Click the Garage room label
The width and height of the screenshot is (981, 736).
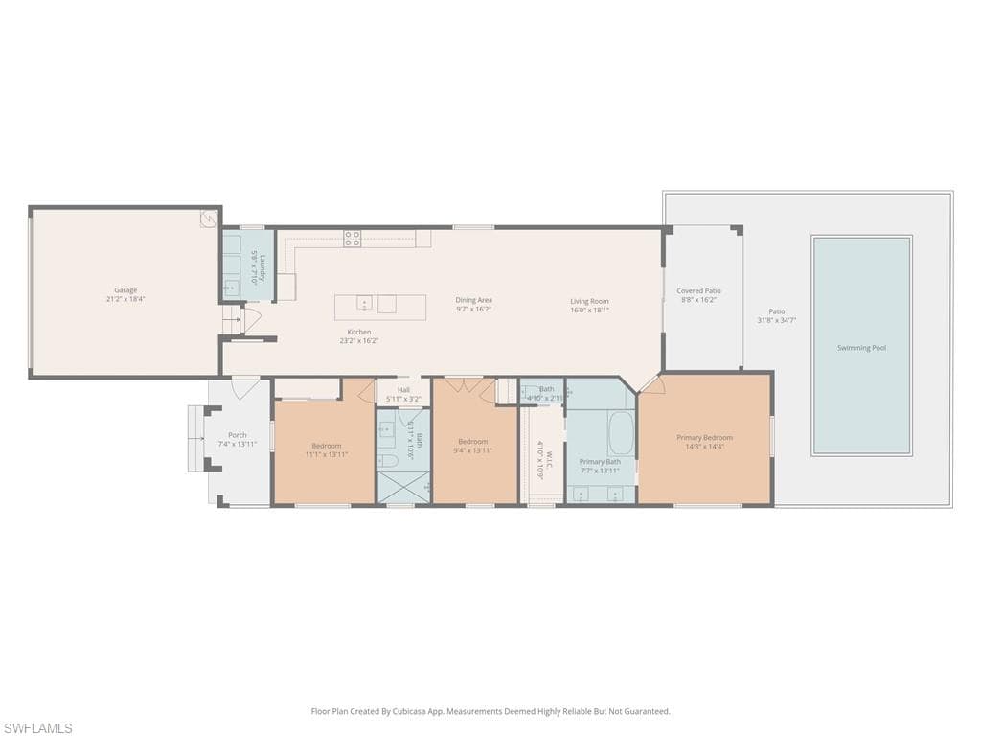(125, 290)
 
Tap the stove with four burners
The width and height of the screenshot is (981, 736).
(353, 239)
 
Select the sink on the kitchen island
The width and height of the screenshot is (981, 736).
(364, 305)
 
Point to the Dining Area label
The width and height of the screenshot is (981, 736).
(473, 300)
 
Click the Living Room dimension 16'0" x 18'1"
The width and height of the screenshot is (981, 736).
(589, 310)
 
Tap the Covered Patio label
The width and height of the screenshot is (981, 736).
(698, 290)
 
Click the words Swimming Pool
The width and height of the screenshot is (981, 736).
(860, 348)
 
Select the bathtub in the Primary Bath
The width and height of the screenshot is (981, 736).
(621, 434)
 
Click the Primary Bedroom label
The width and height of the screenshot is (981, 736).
(704, 437)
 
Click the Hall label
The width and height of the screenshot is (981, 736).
(403, 390)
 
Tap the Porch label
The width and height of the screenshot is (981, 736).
(237, 435)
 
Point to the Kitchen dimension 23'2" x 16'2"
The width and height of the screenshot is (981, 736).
(359, 340)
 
